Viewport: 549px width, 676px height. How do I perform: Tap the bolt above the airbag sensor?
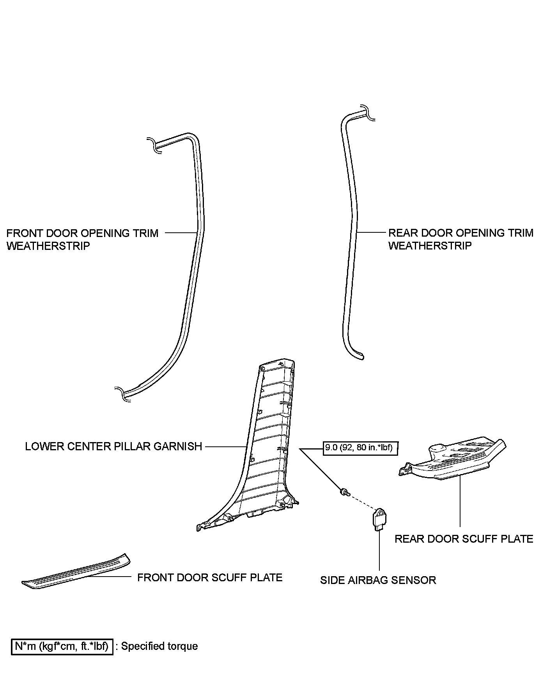344,492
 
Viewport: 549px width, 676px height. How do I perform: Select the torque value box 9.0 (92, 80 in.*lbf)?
361,448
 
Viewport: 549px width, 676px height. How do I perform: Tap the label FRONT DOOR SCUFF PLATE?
210,577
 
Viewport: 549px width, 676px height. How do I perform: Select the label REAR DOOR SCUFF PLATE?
464,539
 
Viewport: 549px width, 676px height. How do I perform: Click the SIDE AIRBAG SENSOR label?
378,580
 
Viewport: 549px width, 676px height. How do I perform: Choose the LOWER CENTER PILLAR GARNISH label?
113,446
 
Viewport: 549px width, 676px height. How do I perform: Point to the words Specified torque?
159,646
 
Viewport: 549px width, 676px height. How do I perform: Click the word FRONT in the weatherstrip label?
24,233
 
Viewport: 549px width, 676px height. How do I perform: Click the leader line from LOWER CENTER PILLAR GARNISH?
225,446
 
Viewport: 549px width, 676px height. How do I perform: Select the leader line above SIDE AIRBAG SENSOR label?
379,550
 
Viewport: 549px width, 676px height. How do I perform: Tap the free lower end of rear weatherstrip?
361,356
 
